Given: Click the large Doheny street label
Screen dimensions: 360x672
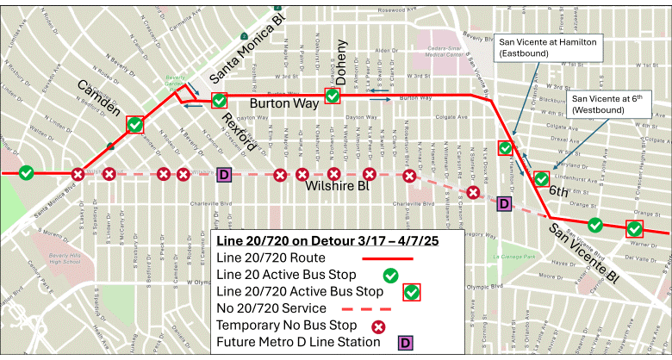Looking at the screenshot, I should pos(341,61).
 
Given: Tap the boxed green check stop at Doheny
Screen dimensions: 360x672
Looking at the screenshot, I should pos(333,96).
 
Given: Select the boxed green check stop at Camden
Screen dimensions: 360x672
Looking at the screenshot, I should pos(135,125).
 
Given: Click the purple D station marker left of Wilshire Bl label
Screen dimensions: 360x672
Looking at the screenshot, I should pos(224,175).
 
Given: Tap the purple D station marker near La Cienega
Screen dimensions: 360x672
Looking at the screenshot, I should pos(505,203).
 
